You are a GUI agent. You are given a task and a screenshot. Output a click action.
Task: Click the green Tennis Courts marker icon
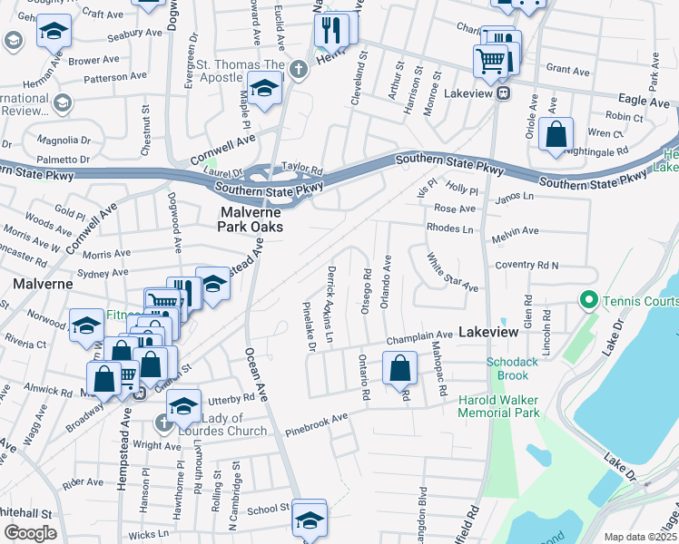tap(587, 299)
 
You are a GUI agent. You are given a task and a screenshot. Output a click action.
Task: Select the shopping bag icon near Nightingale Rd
tap(556, 135)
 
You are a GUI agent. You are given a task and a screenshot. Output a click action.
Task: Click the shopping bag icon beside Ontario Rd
tap(399, 368)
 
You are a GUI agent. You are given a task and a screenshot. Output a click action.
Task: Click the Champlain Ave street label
tap(418, 335)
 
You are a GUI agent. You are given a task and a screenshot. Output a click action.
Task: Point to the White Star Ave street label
tap(452, 272)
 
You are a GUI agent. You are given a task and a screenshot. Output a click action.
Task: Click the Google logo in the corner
tap(30, 533)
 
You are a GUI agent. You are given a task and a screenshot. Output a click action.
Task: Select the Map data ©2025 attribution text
tap(640, 537)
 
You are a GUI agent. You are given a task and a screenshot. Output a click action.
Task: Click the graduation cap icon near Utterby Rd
tap(183, 406)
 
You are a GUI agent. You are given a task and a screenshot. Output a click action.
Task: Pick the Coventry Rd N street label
tap(526, 265)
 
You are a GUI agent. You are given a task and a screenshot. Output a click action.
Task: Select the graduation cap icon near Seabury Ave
tap(54, 32)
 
